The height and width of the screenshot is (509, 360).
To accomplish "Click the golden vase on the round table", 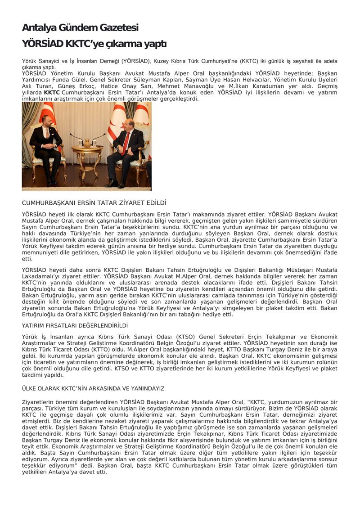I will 87,142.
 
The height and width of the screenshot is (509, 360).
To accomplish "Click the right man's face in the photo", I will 127,122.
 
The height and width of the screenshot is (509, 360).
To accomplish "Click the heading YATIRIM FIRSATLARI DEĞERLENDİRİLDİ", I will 75,325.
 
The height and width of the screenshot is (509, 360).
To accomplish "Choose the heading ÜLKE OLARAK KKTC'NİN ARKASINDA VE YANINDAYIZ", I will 93,388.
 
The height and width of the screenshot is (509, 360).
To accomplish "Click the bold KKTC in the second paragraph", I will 52,92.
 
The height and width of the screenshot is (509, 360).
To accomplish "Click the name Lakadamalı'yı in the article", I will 40,276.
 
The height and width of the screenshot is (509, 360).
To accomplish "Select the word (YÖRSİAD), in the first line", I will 135,61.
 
